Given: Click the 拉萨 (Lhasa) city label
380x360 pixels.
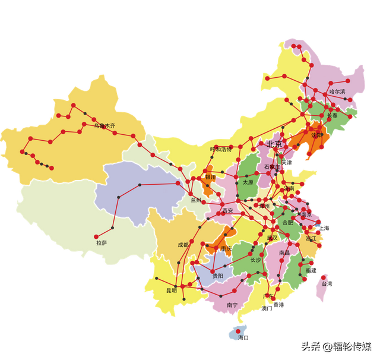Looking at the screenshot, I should tap(102, 242).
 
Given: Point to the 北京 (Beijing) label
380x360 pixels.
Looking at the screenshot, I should tap(274, 144).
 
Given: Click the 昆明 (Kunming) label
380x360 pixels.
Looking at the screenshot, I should tap(172, 290).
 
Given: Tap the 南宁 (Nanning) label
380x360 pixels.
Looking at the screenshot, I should tap(232, 305).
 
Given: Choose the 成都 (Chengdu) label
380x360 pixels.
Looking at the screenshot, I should tap(183, 244).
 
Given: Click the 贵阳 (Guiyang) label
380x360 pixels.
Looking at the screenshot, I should tap(217, 276).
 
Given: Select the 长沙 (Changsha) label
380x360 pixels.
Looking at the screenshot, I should tap(255, 260).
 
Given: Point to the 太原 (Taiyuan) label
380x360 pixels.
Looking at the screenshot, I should tap(248, 182).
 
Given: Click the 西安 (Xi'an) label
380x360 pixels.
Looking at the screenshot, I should tap(227, 210).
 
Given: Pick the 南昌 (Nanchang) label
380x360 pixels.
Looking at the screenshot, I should tap(284, 252).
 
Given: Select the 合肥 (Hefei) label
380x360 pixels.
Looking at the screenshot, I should tap(287, 222).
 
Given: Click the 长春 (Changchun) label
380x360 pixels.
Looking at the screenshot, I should tap(332, 115).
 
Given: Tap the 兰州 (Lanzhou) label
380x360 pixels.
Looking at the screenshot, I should tap(197, 200).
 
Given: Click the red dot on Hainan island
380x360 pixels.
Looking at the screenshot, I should tap(239, 330).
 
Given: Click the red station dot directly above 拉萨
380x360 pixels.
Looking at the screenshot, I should tap(111, 228).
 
